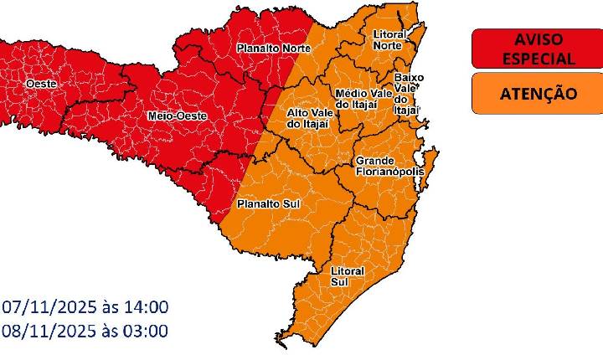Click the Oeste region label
tap(41, 85)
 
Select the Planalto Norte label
tap(272, 49)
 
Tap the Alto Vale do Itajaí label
tap(308, 118)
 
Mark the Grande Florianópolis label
tap(390, 166)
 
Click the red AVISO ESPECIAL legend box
tap(537, 49)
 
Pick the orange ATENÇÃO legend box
tap(537, 93)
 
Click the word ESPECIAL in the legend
tap(537, 59)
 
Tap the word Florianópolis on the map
tap(390, 172)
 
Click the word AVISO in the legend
tap(537, 39)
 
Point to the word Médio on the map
tap(350, 92)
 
